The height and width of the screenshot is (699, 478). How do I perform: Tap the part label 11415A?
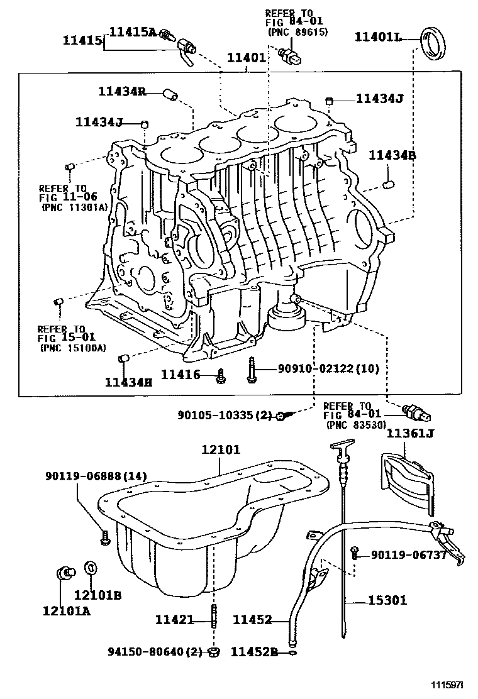(x=133, y=31)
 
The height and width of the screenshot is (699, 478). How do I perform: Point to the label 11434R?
(x=122, y=92)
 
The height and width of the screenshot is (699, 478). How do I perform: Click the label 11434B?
(x=392, y=155)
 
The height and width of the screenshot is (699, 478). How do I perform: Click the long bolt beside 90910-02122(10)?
(x=251, y=369)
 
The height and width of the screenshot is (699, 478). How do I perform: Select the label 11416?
(x=180, y=375)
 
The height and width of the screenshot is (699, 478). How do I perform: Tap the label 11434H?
(x=128, y=382)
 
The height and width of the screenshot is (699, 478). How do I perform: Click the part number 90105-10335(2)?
(x=224, y=416)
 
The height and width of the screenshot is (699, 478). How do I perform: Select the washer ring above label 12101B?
(x=91, y=568)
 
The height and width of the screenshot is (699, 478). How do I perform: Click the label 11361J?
(x=410, y=433)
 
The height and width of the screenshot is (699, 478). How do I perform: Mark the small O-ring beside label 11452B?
(x=294, y=652)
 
